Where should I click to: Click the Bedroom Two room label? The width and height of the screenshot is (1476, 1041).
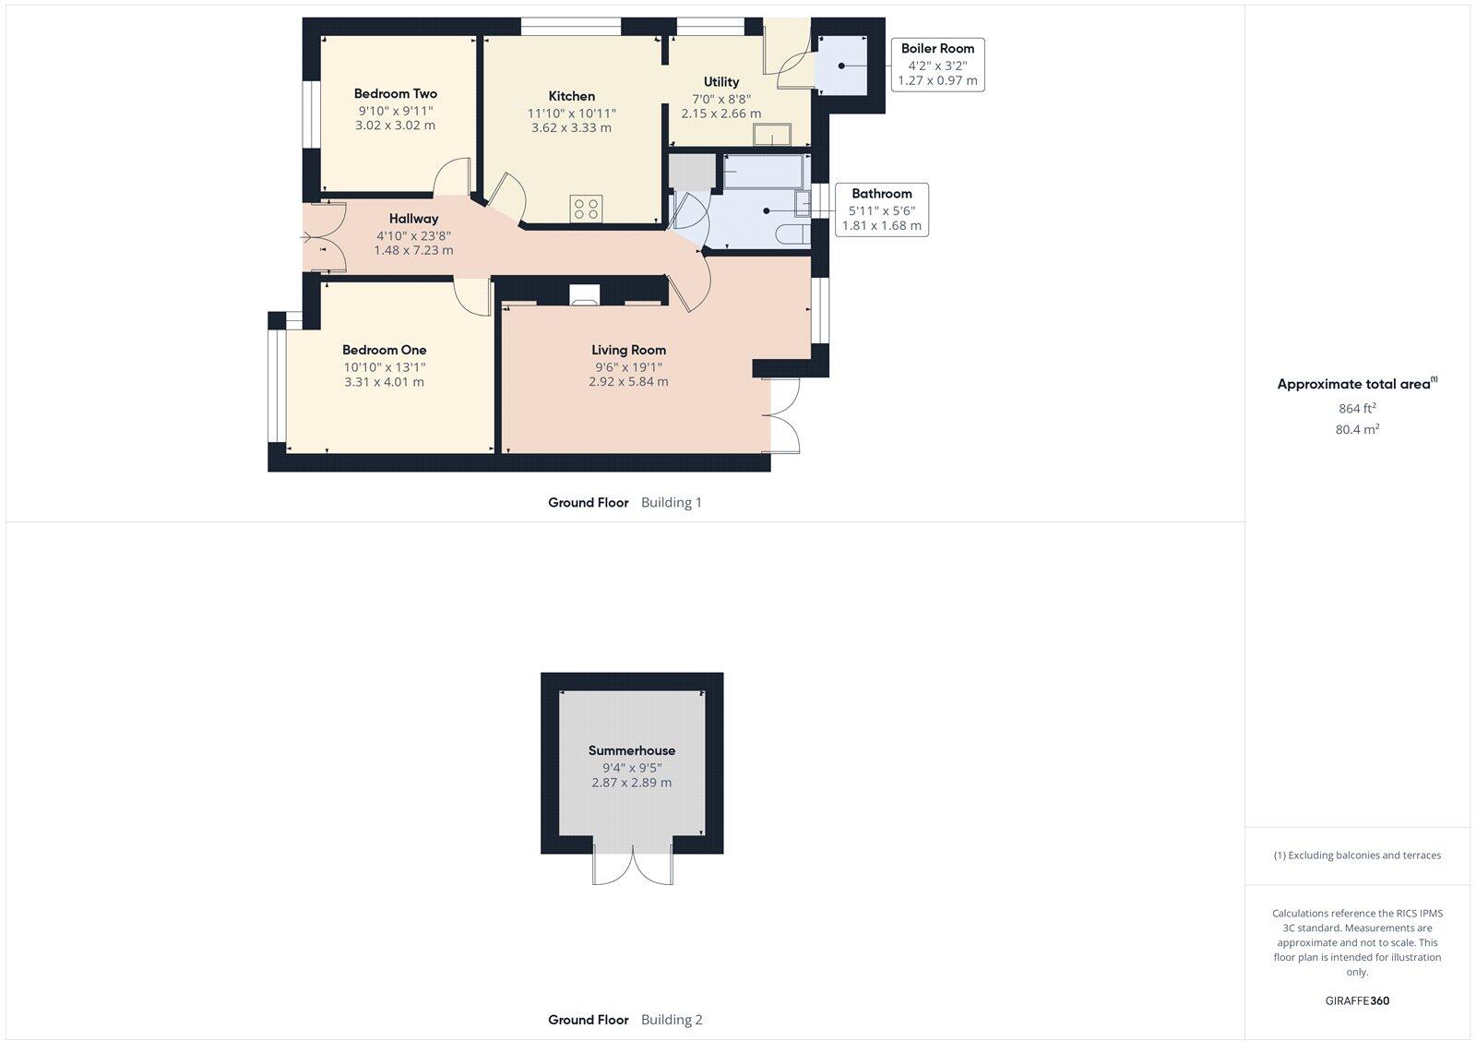pyautogui.click(x=395, y=93)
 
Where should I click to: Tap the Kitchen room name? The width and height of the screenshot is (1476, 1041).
pyautogui.click(x=571, y=96)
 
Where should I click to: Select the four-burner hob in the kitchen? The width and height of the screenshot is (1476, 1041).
pyautogui.click(x=586, y=209)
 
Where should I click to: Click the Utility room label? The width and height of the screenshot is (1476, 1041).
pyautogui.click(x=720, y=82)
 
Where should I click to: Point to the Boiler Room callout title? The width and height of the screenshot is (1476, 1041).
pyautogui.click(x=937, y=48)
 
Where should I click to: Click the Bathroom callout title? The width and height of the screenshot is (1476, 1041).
pyautogui.click(x=881, y=194)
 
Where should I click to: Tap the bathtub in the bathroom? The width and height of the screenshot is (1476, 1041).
pyautogui.click(x=765, y=172)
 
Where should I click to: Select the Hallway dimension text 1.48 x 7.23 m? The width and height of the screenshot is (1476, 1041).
pyautogui.click(x=413, y=250)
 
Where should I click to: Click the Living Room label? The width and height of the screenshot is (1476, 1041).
pyautogui.click(x=628, y=350)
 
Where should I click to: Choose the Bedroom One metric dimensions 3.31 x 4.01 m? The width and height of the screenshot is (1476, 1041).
pyautogui.click(x=384, y=382)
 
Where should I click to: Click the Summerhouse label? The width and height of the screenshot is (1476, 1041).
pyautogui.click(x=631, y=750)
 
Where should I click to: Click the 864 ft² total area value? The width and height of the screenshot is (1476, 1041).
pyautogui.click(x=1357, y=408)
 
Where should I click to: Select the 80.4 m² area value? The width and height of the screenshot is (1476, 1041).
pyautogui.click(x=1357, y=429)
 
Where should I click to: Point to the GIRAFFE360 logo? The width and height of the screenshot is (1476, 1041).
pyautogui.click(x=1357, y=1000)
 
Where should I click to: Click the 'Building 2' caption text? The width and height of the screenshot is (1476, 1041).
pyautogui.click(x=672, y=1020)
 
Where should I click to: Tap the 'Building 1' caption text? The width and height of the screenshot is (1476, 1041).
pyautogui.click(x=672, y=503)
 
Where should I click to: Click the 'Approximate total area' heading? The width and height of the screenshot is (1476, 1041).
pyautogui.click(x=1353, y=384)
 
